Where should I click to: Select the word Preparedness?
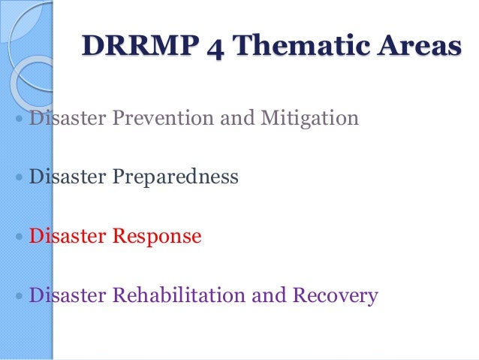tap(176, 177)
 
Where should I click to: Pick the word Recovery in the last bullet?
tap(334, 295)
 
